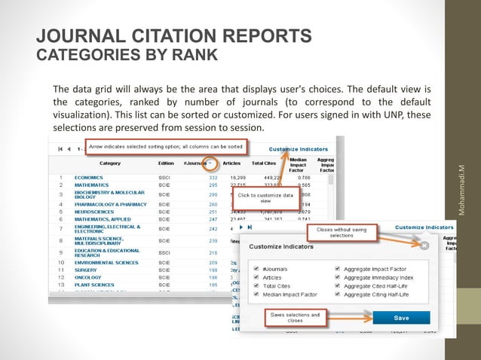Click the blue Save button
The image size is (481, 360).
(x=401, y=318)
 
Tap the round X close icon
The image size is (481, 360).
(x=424, y=246)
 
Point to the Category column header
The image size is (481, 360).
(x=110, y=162)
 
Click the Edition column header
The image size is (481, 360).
(x=166, y=162)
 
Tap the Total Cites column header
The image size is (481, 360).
(x=263, y=162)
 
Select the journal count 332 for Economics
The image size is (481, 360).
(x=213, y=178)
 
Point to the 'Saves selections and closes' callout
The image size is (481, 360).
(x=294, y=318)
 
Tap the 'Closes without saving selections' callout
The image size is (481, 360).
(x=342, y=233)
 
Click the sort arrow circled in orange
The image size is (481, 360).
(x=215, y=162)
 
